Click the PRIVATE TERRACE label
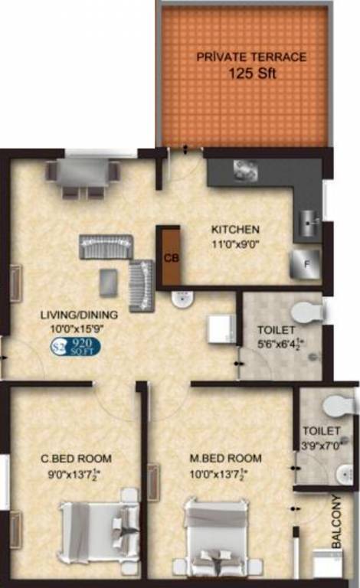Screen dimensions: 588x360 pyautogui.click(x=251, y=57)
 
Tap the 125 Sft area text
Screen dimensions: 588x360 pyautogui.click(x=250, y=74)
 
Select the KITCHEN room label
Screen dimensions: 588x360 pyautogui.click(x=236, y=229)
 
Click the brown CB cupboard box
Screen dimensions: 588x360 pyautogui.click(x=168, y=257)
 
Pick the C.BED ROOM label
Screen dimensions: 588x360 pyautogui.click(x=76, y=459)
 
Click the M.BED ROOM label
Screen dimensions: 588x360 pyautogui.click(x=225, y=459)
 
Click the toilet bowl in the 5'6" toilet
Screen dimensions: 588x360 pyautogui.click(x=309, y=312)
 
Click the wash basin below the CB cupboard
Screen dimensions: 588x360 pyautogui.click(x=183, y=300)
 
